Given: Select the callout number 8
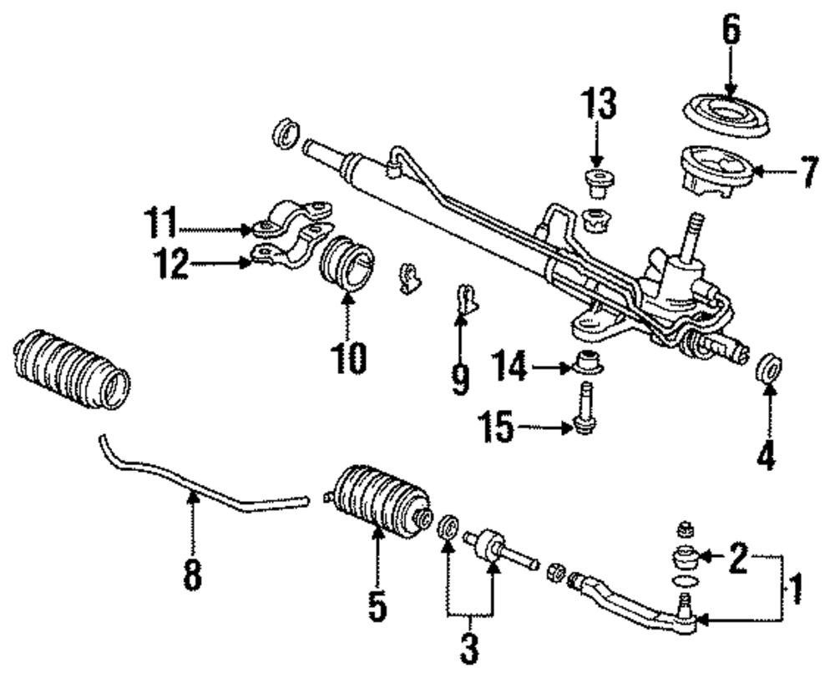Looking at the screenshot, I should click(x=193, y=575).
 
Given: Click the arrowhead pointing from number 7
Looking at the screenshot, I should click(x=757, y=173).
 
